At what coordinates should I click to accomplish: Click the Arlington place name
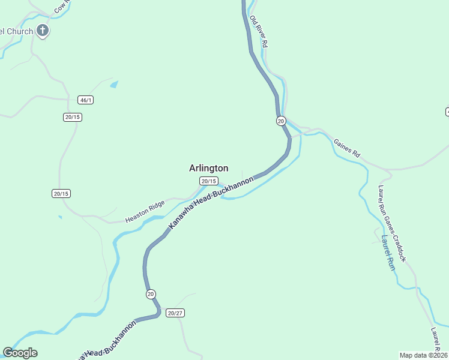(x=208, y=169)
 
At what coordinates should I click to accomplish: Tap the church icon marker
(x=43, y=31)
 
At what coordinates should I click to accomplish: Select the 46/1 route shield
(x=86, y=100)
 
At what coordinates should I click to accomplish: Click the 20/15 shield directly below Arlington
(x=208, y=181)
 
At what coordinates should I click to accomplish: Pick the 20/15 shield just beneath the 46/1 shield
(x=72, y=117)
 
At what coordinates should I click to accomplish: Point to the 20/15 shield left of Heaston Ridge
(x=61, y=193)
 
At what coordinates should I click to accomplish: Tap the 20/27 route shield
(x=175, y=313)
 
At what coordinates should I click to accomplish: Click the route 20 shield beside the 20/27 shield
(x=150, y=294)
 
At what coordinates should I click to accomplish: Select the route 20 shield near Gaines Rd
(x=281, y=121)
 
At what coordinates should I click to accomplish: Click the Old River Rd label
(x=259, y=32)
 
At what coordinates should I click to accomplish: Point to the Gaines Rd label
(x=346, y=147)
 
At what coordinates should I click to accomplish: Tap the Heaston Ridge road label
(x=145, y=212)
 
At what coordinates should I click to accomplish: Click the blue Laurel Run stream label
(x=387, y=252)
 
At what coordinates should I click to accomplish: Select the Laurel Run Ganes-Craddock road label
(x=391, y=223)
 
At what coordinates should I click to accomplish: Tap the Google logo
(x=20, y=353)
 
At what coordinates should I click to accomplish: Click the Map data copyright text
(x=423, y=355)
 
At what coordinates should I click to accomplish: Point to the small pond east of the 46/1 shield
(x=114, y=85)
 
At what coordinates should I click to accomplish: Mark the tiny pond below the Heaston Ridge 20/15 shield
(x=60, y=217)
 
